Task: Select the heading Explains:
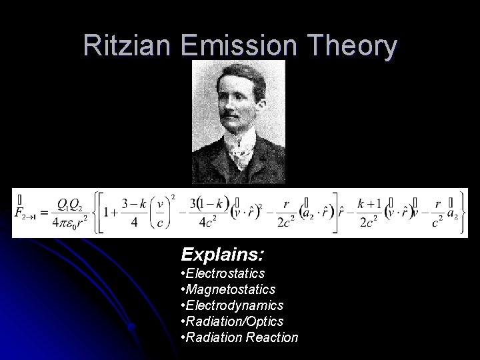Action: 222,254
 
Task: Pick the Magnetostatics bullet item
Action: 227,289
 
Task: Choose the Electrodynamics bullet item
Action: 232,305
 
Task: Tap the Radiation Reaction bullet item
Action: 239,337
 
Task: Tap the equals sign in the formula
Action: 45,212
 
